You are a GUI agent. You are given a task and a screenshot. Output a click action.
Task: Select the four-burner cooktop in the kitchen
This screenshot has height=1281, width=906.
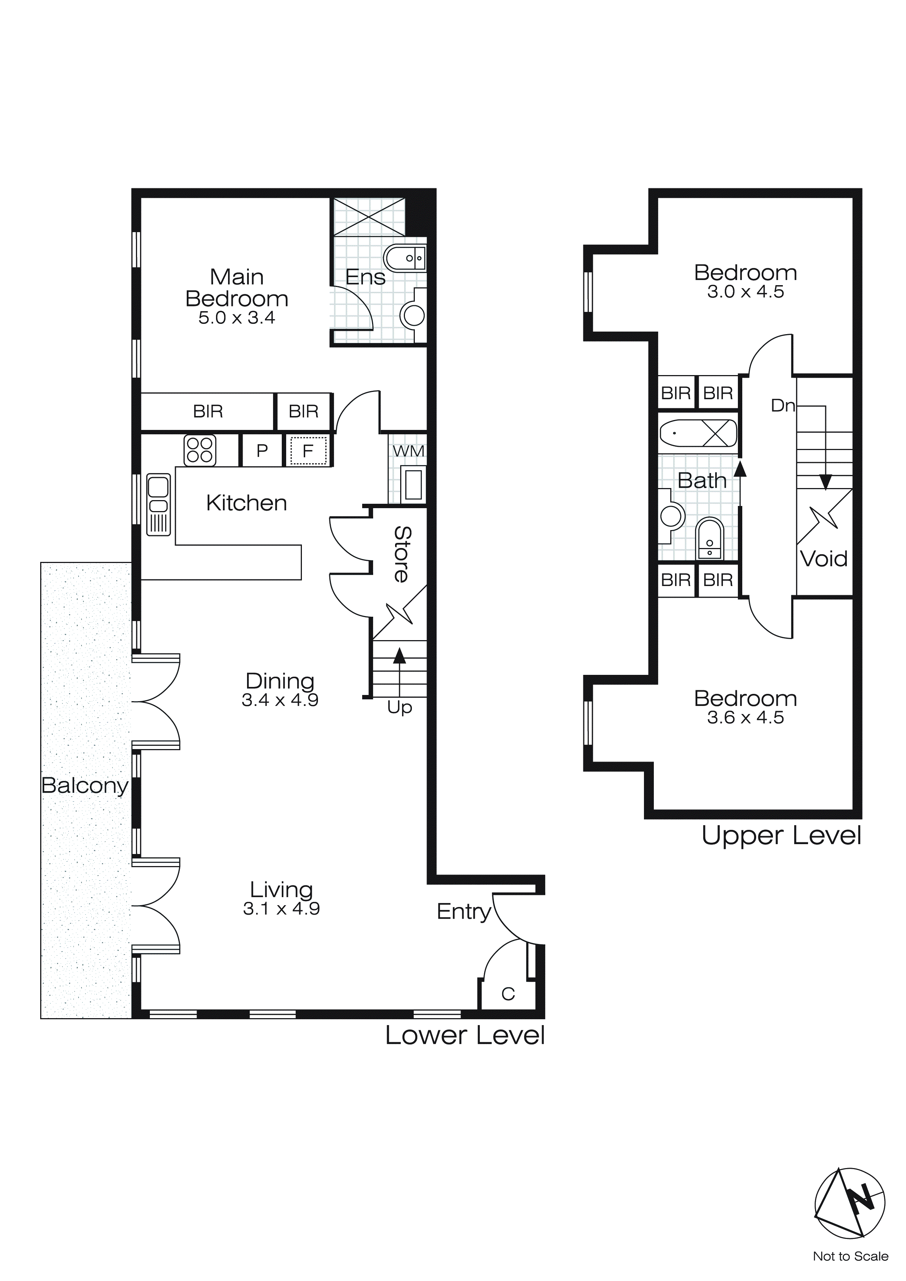pos(200,450)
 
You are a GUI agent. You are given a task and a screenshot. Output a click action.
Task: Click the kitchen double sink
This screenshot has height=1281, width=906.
pos(159,505)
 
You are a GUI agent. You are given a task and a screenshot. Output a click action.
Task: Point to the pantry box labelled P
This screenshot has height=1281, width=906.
pos(262,451)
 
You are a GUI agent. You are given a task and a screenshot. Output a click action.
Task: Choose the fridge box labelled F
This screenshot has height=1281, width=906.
pos(307,451)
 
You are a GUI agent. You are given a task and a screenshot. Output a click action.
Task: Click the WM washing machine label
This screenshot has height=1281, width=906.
pos(408,451)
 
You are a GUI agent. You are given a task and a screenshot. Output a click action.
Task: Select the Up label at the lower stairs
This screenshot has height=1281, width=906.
pos(399,707)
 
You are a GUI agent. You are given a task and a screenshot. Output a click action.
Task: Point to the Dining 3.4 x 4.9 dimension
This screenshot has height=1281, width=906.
pos(280,700)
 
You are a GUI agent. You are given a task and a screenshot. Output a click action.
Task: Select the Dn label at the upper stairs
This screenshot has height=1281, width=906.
pos(782,405)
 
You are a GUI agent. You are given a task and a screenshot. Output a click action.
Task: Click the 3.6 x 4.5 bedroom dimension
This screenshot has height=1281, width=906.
pos(745,718)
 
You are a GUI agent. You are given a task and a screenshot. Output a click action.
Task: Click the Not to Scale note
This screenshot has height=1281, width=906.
pos(850,1256)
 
